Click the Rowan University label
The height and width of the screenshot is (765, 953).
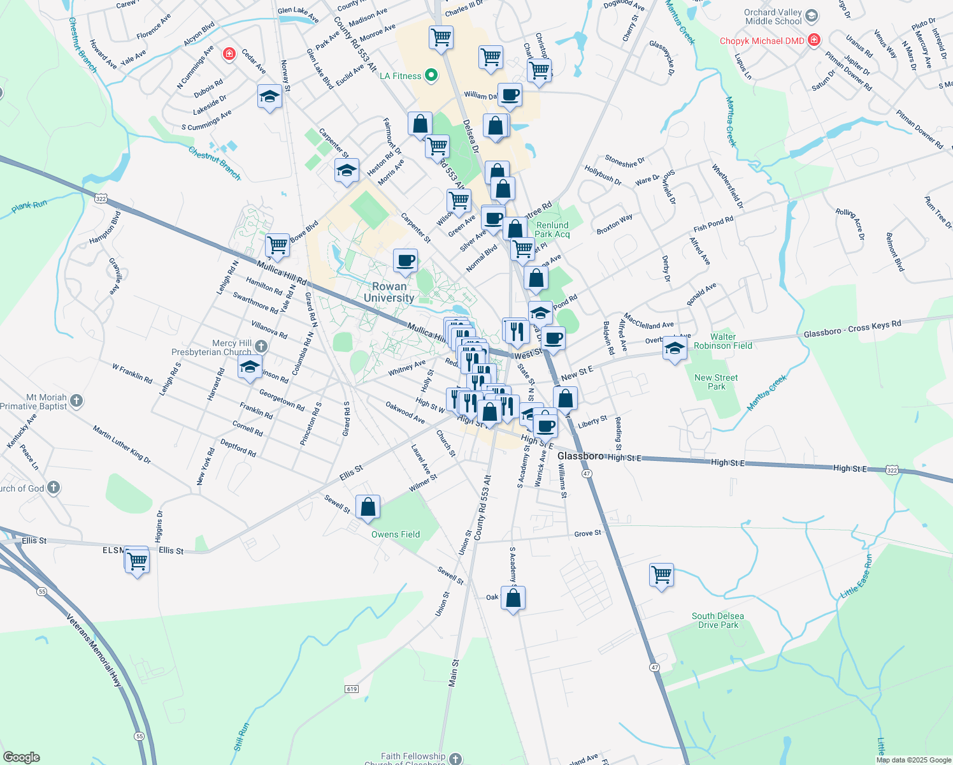point(389,292)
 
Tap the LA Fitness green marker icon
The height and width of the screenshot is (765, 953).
point(431,76)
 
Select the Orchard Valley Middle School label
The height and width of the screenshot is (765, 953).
point(773,17)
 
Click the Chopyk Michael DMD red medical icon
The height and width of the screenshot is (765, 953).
point(813,40)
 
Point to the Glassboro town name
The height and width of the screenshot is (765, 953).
point(580,456)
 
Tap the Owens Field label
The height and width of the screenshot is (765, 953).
point(396,534)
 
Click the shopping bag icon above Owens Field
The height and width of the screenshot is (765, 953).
point(368,507)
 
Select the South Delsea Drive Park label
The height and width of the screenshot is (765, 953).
point(718,620)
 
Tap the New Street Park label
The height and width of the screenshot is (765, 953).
point(716,382)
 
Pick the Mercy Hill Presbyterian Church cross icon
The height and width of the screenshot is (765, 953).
point(261,346)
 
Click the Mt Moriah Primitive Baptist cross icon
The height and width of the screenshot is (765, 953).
point(76,401)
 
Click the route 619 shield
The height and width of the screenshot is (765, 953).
point(352,688)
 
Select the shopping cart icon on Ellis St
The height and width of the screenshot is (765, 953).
point(138,562)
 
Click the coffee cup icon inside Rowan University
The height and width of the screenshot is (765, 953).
point(405,260)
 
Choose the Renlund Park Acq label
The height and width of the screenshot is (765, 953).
point(552,229)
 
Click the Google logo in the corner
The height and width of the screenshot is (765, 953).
point(21,757)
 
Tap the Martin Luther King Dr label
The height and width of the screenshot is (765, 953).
point(122,444)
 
